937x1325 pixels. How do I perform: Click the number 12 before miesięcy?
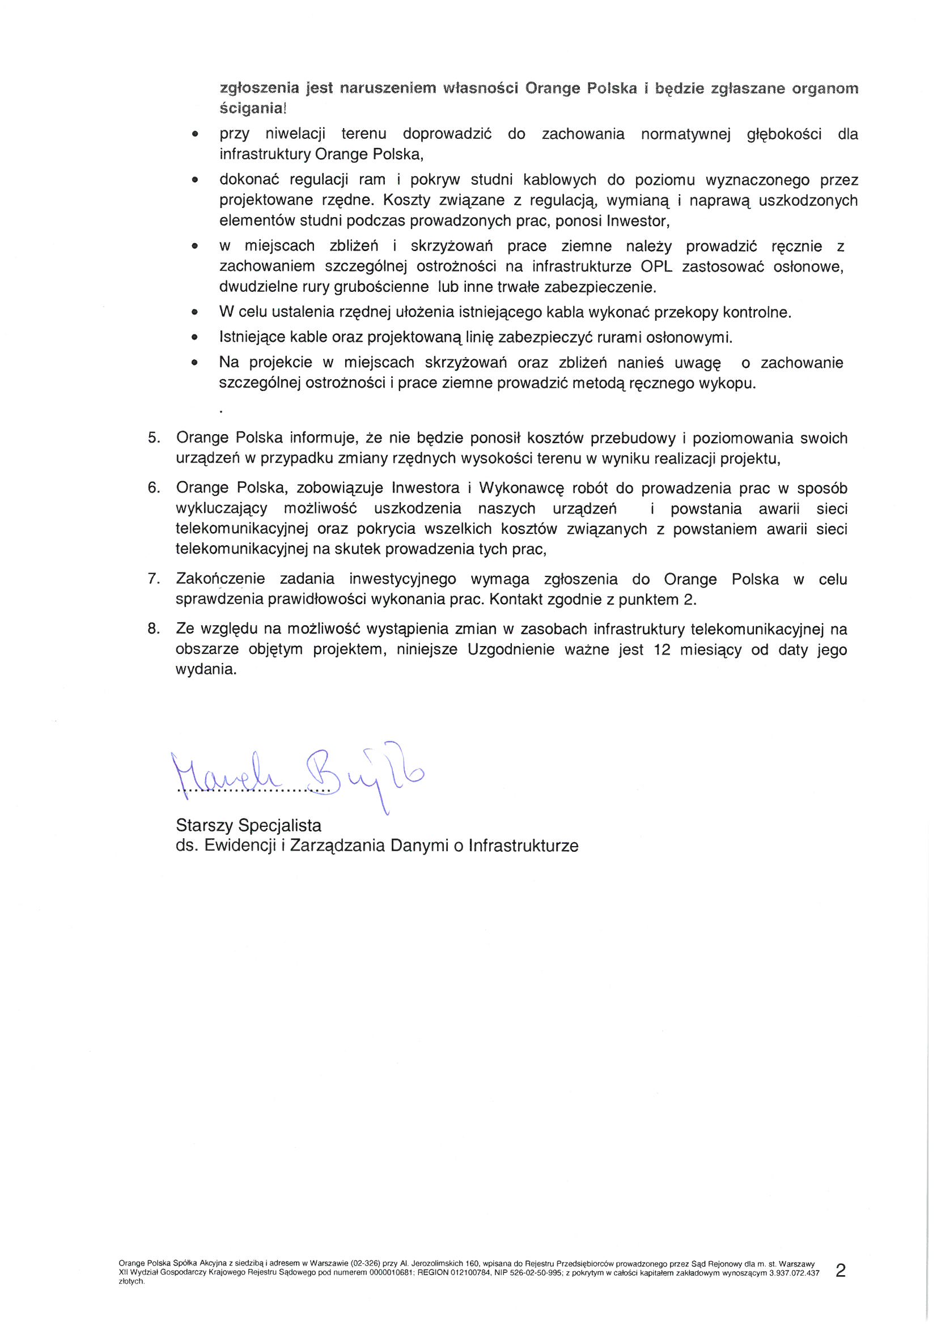pos(663,650)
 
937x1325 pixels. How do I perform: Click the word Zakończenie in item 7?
pos(221,579)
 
